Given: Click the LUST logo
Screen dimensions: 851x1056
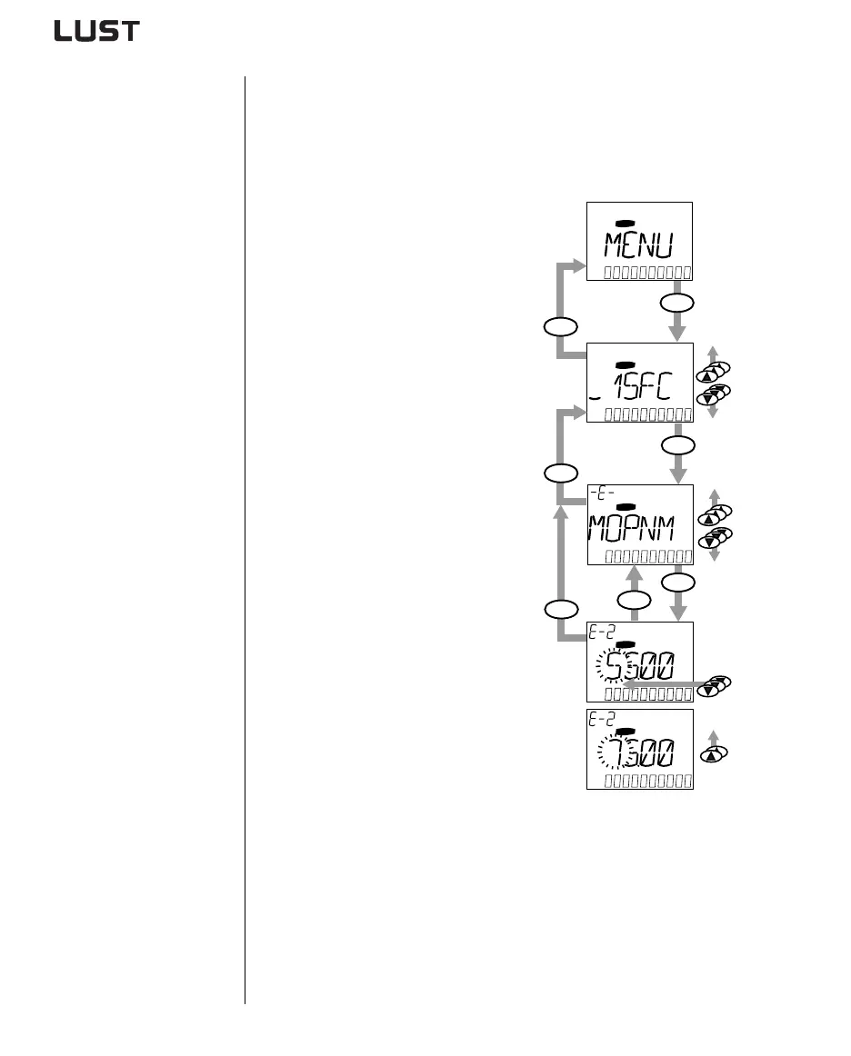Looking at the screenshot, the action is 96,32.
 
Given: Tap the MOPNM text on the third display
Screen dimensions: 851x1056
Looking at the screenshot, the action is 637,528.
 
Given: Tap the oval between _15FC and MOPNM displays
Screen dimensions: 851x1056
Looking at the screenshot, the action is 676,444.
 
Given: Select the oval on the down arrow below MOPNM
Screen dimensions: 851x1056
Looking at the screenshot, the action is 676,581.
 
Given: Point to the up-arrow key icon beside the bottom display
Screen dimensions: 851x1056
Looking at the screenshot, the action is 712,754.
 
